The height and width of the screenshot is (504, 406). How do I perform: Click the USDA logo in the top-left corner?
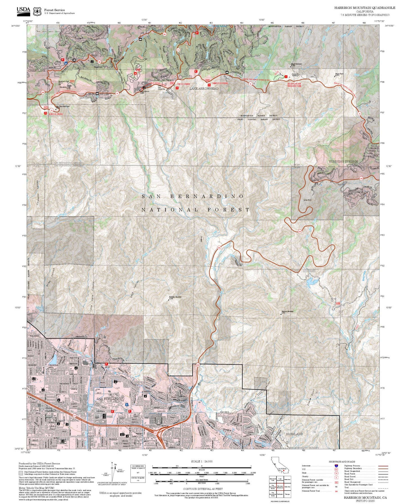(23, 10)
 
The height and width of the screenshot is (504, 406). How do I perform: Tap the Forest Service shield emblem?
(37, 11)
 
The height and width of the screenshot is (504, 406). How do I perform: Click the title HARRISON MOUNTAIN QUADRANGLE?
(364, 8)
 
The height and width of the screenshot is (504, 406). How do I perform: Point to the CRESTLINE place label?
(37, 71)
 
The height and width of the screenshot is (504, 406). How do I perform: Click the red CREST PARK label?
(183, 84)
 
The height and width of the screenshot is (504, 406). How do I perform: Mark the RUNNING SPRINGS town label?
(343, 162)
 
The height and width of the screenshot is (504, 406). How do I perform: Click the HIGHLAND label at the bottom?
(294, 434)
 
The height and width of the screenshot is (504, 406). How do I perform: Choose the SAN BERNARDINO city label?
(110, 399)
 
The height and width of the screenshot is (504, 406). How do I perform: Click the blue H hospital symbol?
(127, 405)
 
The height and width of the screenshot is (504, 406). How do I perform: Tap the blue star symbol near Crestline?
(66, 63)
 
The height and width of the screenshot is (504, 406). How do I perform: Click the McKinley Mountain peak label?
(175, 298)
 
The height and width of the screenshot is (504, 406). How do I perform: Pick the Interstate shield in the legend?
(336, 466)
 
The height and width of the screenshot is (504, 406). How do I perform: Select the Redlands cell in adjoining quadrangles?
(280, 494)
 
